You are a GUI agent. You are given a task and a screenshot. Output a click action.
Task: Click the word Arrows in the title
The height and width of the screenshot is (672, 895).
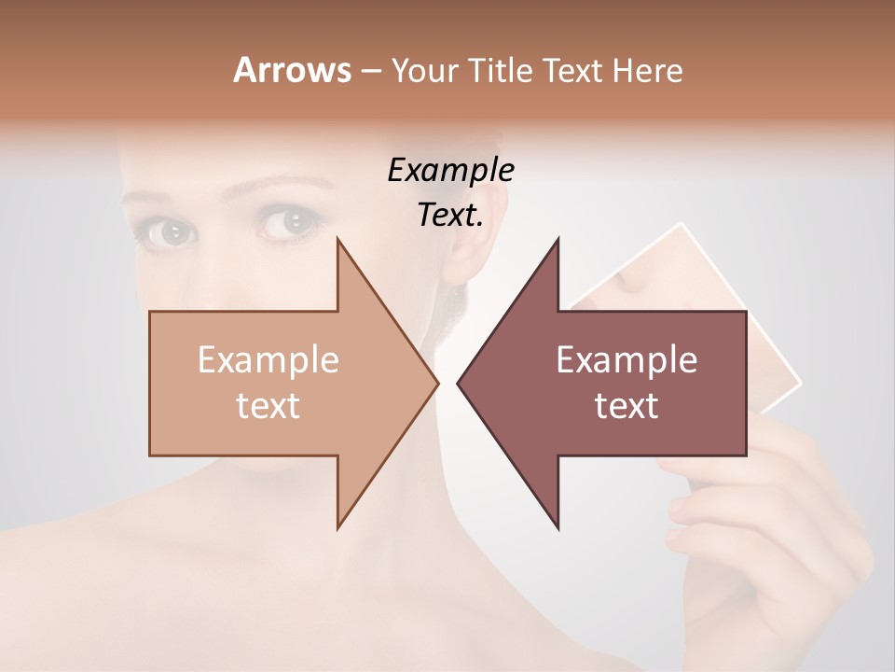point(292,70)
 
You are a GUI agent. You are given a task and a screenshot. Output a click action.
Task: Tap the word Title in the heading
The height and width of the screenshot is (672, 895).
point(503,71)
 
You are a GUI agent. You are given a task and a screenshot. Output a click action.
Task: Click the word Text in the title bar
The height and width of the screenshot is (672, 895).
point(573,71)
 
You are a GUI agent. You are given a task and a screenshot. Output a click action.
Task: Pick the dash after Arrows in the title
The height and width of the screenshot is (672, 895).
point(370,72)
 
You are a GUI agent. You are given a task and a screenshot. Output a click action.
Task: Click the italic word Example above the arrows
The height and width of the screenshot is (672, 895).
point(450,170)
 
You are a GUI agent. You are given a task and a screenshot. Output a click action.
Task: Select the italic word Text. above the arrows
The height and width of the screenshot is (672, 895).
point(450,215)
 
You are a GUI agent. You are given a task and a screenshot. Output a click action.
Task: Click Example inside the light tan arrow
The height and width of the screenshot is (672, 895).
point(268,360)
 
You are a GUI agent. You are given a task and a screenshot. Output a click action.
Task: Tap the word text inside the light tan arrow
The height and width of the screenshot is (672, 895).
point(268,406)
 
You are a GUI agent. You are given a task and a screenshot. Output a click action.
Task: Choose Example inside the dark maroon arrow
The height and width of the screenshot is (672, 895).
point(626,360)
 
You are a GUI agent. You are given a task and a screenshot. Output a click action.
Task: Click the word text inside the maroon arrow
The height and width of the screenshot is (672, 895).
point(626,406)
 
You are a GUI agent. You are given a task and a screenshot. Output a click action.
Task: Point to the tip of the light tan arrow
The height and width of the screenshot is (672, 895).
point(436,383)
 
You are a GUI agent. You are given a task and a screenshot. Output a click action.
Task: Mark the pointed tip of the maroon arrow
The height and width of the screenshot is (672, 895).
point(459,383)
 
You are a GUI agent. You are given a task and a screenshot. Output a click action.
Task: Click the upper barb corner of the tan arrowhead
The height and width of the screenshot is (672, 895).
point(337,240)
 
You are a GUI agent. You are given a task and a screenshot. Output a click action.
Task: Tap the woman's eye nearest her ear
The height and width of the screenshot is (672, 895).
point(288,222)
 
